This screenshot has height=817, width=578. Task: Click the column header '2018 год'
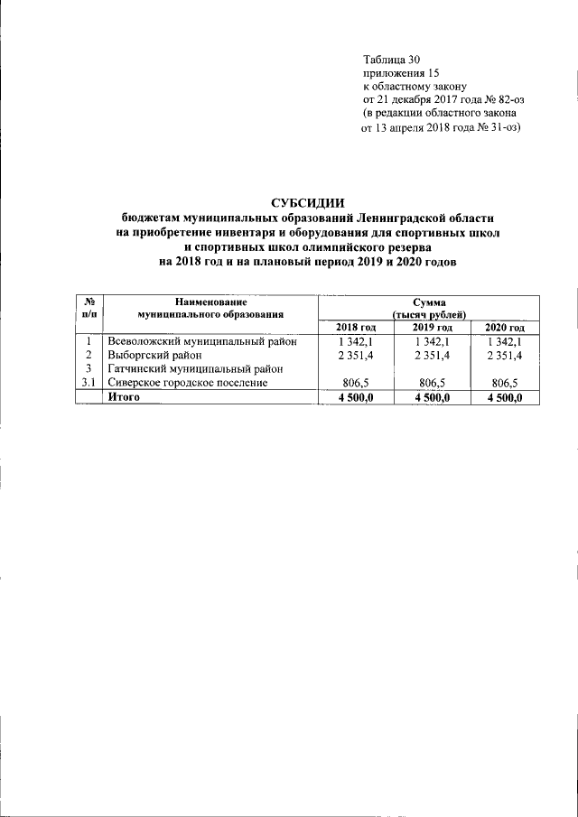click(x=355, y=327)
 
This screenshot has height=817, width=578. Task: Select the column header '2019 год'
click(x=432, y=327)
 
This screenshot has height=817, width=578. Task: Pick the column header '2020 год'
click(x=504, y=327)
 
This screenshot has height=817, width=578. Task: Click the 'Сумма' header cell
click(x=429, y=307)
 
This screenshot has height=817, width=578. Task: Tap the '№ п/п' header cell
click(x=89, y=307)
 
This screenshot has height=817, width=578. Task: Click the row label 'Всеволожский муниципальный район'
click(x=203, y=341)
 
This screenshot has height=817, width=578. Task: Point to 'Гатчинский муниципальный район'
click(x=196, y=368)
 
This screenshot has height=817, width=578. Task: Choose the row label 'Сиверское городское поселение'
click(x=188, y=383)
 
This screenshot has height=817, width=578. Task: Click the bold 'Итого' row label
click(x=124, y=396)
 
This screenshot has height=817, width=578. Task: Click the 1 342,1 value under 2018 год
click(x=355, y=341)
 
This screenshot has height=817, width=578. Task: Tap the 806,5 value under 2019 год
click(x=432, y=383)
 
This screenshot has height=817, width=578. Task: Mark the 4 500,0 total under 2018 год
click(x=355, y=396)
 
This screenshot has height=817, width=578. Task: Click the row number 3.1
click(x=89, y=383)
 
